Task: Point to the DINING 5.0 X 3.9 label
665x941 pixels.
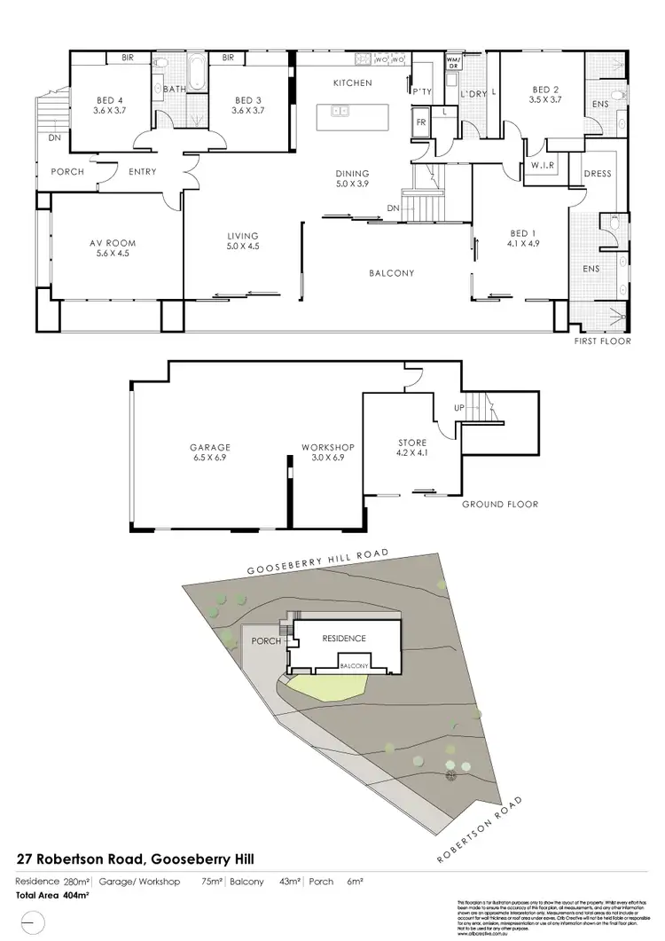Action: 351,178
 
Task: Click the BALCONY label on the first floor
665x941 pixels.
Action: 391,273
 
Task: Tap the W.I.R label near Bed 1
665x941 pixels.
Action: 542,165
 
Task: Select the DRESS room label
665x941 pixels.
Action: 598,174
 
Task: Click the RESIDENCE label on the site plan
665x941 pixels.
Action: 342,638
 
